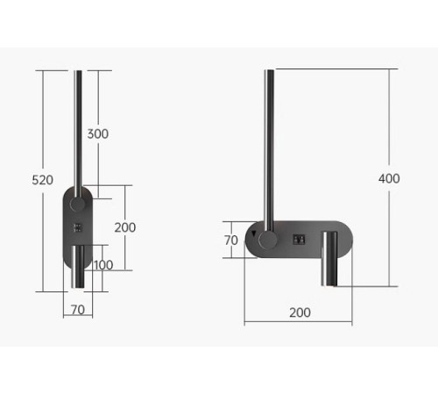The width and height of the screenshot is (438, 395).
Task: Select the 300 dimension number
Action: pyautogui.click(x=98, y=133)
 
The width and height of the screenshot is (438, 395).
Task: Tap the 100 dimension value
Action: pyautogui.click(x=103, y=265)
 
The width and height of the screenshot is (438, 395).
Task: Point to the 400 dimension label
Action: pyautogui.click(x=389, y=178)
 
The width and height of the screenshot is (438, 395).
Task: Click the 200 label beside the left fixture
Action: pyautogui.click(x=125, y=226)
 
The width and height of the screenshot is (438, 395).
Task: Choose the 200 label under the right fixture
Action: pyautogui.click(x=299, y=312)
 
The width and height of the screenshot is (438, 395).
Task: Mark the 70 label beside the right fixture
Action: pyautogui.click(x=231, y=239)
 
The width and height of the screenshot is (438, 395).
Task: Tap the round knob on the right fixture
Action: pyautogui.click(x=269, y=240)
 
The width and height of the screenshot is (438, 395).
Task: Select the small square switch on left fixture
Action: pyautogui.click(x=79, y=228)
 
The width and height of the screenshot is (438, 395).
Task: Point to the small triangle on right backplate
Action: pyautogui.click(x=255, y=234)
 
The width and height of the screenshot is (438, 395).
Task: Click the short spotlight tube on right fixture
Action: pyautogui.click(x=330, y=259)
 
